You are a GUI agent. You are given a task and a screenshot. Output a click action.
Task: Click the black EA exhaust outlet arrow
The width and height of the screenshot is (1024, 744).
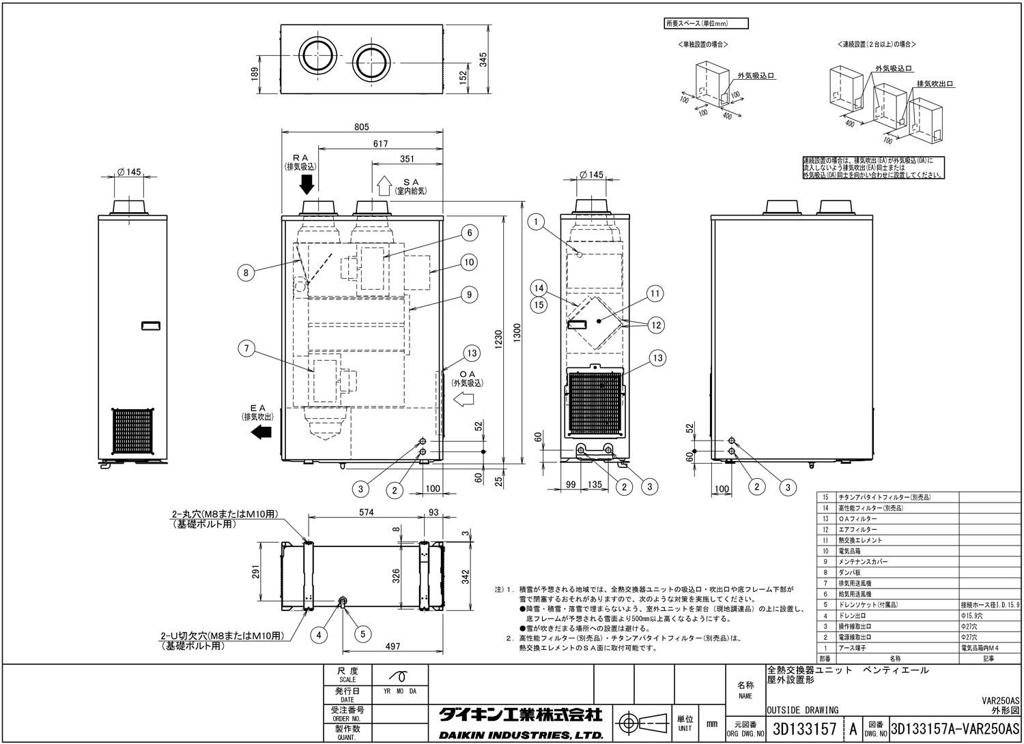pyautogui.click(x=261, y=432)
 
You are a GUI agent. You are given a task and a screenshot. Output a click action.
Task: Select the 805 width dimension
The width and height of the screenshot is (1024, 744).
pyautogui.click(x=362, y=127)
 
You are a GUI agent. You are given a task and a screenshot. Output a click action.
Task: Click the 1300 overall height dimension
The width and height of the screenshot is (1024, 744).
pyautogui.click(x=517, y=333)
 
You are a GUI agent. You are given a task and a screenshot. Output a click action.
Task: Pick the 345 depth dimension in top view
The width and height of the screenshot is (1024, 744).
pyautogui.click(x=483, y=60)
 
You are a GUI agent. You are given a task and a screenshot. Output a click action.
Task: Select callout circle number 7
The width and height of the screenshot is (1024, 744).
pyautogui.click(x=246, y=349)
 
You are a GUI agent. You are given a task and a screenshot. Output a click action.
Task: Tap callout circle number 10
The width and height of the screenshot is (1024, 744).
pyautogui.click(x=468, y=262)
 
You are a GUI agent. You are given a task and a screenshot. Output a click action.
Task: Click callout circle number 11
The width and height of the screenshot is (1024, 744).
pyautogui.click(x=655, y=294)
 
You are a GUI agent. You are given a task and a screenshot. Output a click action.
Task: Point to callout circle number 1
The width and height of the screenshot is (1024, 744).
pyautogui.click(x=537, y=221)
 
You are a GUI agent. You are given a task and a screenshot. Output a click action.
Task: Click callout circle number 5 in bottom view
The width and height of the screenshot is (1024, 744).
pyautogui.click(x=362, y=634)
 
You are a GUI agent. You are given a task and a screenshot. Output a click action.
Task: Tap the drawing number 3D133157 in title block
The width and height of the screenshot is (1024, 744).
pyautogui.click(x=803, y=729)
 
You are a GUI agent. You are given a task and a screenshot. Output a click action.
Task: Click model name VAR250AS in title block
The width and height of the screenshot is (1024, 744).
pyautogui.click(x=1000, y=700)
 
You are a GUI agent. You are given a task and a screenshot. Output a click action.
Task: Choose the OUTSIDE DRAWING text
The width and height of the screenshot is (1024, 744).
pyautogui.click(x=803, y=710)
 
